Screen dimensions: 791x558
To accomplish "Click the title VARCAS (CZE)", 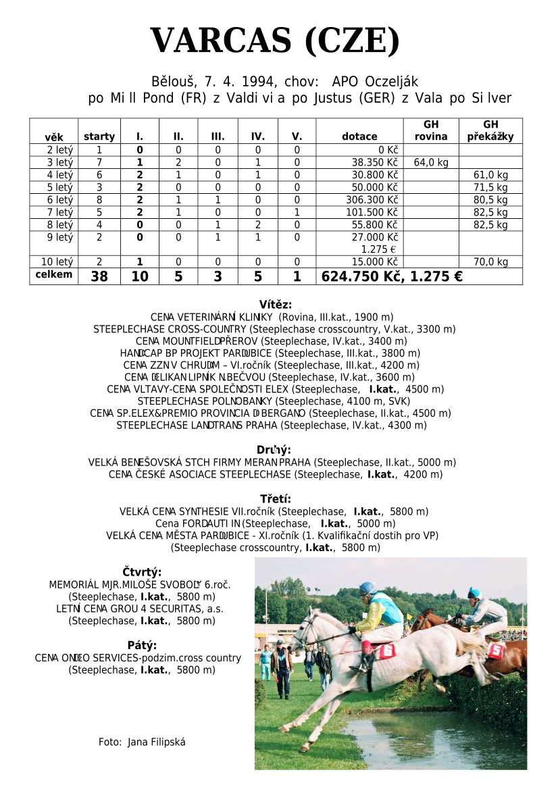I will point(275,42).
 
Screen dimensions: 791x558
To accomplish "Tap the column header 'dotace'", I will point(359,136).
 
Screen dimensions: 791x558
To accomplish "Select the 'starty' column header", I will point(99,136).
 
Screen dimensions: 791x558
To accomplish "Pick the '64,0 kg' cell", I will point(431,163).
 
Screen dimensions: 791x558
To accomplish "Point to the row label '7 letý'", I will point(59,212).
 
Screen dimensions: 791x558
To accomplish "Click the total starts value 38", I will point(99,276).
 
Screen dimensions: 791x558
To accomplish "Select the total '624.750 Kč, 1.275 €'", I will point(392,276).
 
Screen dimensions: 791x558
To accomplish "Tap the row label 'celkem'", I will point(53,275).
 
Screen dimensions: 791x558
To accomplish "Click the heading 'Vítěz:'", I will point(276,305).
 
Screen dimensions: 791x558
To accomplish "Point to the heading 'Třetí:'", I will point(276,499).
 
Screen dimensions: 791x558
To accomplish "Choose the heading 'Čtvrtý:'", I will point(142,573).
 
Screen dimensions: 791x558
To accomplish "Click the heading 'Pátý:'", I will point(142,645).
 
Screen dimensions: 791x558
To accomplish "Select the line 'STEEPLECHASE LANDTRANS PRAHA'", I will point(272,426).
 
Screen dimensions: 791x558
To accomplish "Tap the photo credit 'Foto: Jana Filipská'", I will point(142,742).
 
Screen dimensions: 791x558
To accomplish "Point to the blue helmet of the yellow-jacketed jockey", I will point(367,588).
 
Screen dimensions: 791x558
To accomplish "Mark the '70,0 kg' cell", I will point(491,262).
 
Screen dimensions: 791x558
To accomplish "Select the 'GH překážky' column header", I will point(491,130).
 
